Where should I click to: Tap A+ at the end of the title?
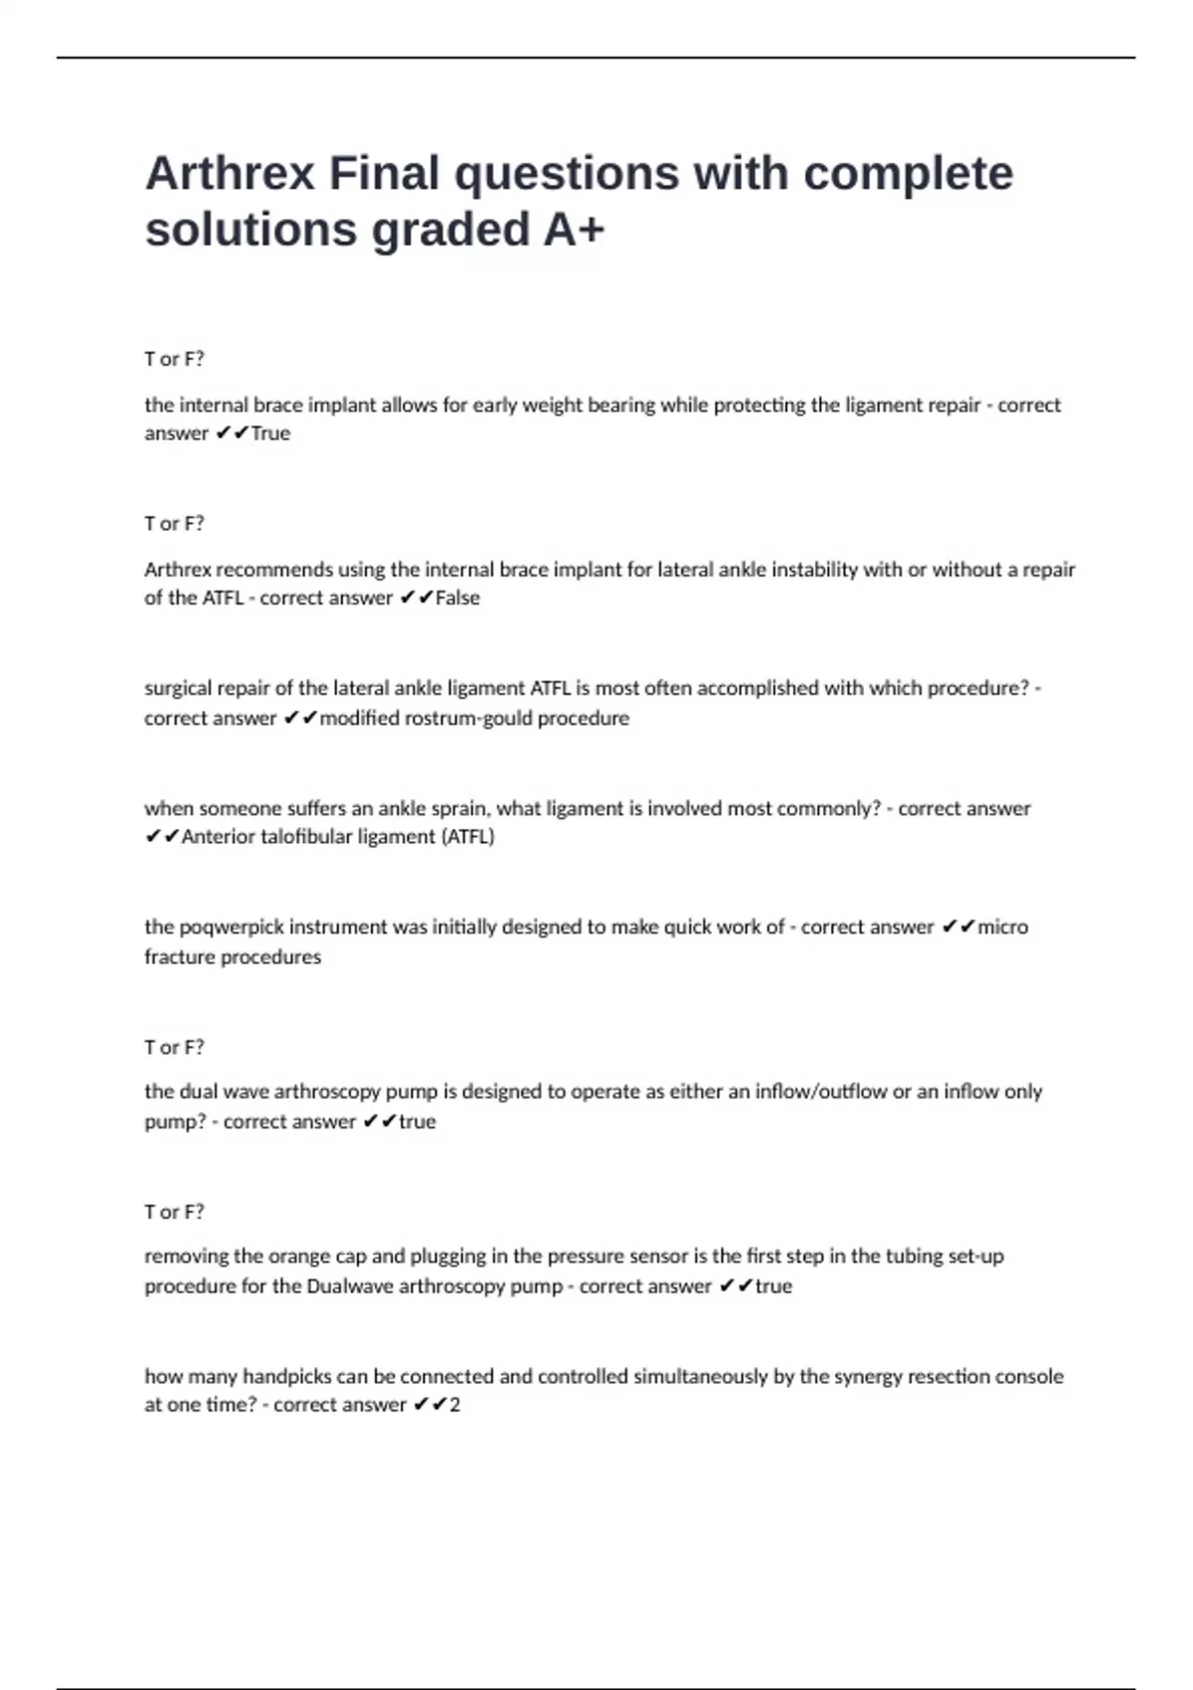click(574, 230)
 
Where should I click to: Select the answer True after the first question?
click(270, 433)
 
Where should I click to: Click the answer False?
click(457, 598)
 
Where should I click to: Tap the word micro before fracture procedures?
click(1002, 928)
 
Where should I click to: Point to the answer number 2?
click(454, 1406)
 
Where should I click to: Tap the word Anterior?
click(218, 837)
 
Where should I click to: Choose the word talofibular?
click(316, 837)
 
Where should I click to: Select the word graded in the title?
click(450, 230)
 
